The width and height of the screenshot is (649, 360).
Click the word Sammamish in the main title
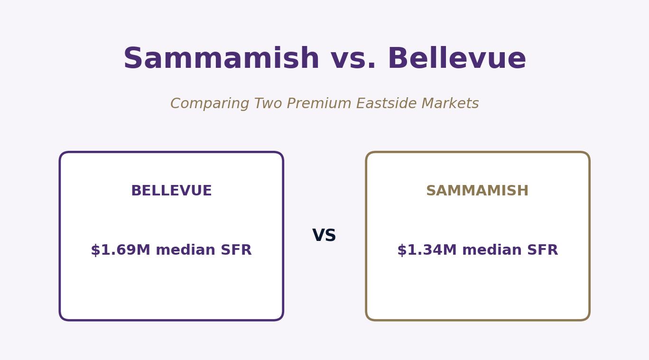(x=222, y=58)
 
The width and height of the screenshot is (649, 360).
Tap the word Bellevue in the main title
(x=457, y=58)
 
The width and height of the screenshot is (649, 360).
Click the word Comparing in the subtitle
(x=210, y=104)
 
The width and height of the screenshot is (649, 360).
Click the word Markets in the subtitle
(x=450, y=103)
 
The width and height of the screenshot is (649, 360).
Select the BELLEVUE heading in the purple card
(x=171, y=191)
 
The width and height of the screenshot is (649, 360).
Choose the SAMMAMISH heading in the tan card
(x=477, y=191)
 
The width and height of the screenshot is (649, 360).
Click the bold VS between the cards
(x=324, y=235)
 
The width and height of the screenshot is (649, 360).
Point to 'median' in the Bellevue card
(x=185, y=250)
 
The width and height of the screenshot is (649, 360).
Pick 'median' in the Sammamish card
(x=491, y=250)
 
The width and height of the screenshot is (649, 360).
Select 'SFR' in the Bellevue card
(x=236, y=250)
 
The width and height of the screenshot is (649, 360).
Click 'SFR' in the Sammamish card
(x=542, y=250)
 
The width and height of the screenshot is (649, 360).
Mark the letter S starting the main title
(x=133, y=58)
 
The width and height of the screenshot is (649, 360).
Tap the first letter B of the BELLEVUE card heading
(x=137, y=191)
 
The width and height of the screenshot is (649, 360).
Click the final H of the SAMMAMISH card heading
(x=523, y=191)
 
